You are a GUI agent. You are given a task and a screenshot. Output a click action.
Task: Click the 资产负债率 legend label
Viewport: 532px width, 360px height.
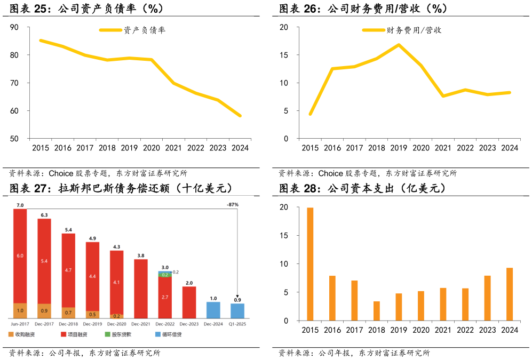tap(145, 30)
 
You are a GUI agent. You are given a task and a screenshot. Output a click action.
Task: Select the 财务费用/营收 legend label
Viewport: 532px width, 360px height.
tap(414, 30)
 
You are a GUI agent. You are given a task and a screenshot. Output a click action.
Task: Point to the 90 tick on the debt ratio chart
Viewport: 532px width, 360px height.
tap(14, 27)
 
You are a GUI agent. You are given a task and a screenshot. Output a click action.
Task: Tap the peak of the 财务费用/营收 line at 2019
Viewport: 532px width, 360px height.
tap(398, 45)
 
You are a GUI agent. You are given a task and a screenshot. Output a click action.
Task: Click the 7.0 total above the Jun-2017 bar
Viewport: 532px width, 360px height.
tap(20, 205)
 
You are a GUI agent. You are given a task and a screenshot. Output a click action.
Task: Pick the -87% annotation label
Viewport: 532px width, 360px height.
tap(232, 205)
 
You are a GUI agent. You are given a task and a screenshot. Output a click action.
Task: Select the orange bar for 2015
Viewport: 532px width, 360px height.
tap(310, 264)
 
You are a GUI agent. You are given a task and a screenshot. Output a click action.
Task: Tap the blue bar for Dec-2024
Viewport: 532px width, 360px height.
tap(213, 310)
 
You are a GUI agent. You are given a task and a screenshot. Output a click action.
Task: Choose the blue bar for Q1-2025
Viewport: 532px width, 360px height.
tap(237, 311)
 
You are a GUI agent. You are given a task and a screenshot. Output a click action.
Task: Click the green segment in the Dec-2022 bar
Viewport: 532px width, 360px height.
tap(165, 275)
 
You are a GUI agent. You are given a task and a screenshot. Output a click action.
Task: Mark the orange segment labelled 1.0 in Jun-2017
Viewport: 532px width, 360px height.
tap(20, 310)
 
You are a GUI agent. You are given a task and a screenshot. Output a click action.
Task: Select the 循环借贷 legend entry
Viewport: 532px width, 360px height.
tap(172, 334)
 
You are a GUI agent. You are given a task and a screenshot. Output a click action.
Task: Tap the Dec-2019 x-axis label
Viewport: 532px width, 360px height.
tap(93, 323)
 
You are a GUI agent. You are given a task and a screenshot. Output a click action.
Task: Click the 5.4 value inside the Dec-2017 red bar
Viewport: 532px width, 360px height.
tap(44, 261)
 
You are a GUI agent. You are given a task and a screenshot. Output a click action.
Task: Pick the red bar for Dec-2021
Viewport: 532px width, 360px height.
tap(141, 289)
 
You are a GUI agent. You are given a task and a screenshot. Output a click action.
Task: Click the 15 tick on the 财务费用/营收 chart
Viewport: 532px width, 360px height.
tap(284, 55)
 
